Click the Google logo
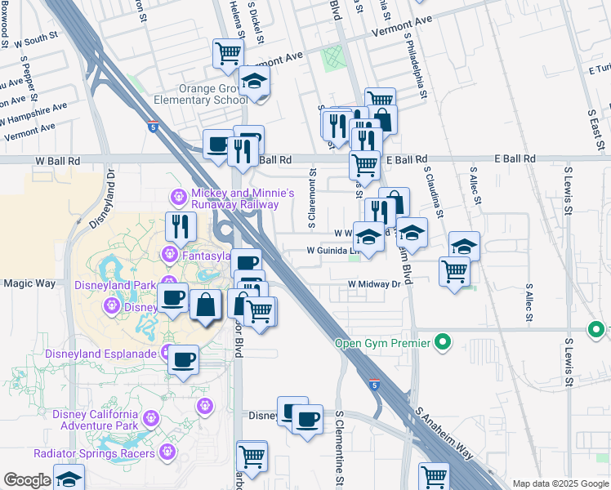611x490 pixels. click(x=27, y=480)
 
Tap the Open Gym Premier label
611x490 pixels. click(x=383, y=343)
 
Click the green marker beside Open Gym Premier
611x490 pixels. click(x=443, y=341)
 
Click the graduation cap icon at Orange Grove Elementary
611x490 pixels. click(x=256, y=81)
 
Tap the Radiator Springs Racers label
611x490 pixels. click(x=94, y=453)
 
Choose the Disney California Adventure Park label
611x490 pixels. click(x=96, y=420)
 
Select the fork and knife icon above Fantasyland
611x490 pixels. click(x=181, y=225)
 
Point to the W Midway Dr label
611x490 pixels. click(x=376, y=284)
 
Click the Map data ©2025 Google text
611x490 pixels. click(x=561, y=483)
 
